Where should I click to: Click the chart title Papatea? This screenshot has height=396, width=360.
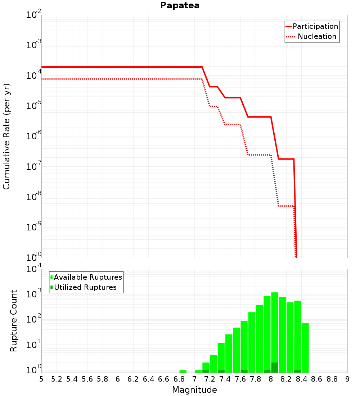click(180, 5)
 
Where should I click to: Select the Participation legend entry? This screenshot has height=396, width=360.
click(312, 26)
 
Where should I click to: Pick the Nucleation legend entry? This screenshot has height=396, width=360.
click(311, 36)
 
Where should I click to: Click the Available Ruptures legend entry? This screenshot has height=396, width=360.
click(86, 277)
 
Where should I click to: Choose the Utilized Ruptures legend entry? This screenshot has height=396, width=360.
click(84, 287)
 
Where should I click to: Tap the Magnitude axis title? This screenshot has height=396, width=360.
click(194, 390)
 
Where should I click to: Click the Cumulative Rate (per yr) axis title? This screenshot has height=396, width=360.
click(6, 136)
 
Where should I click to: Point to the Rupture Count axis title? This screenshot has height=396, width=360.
click(13, 321)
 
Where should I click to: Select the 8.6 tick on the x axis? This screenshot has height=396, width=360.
click(317, 379)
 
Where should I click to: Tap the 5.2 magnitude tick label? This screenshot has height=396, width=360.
click(57, 379)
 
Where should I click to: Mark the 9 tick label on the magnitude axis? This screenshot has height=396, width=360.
click(347, 379)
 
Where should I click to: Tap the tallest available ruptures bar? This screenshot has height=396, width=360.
click(275, 332)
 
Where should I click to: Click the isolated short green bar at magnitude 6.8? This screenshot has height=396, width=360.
click(183, 371)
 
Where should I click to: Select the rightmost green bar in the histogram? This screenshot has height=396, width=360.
click(305, 348)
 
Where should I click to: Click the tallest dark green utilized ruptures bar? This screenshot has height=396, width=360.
click(275, 368)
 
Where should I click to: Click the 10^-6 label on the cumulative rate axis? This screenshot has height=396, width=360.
click(34, 136)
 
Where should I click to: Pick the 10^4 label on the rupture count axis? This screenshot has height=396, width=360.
click(34, 269)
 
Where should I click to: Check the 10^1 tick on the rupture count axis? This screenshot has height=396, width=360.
click(34, 345)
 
